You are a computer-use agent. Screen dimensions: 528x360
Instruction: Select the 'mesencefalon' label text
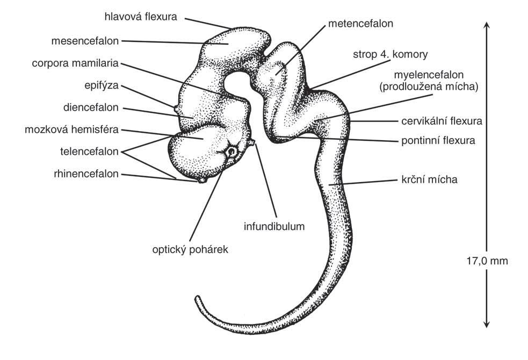(x=86, y=40)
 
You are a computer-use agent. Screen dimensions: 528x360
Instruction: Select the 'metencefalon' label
(x=361, y=24)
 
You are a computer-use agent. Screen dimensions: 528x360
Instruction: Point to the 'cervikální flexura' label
(x=442, y=121)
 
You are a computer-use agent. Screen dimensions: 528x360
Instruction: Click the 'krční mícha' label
(x=429, y=179)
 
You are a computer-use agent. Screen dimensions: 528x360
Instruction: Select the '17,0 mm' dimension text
(x=486, y=261)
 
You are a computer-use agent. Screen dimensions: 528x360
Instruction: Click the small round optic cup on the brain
(x=232, y=152)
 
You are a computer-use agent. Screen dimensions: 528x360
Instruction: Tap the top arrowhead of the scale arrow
(x=486, y=24)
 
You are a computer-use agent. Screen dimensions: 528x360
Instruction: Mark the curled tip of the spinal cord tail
(x=198, y=298)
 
